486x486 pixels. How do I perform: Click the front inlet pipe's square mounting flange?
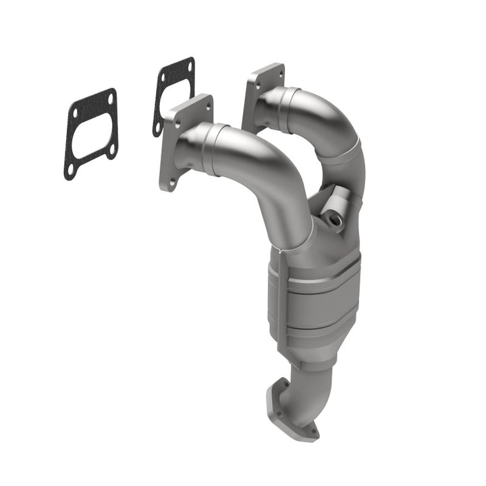(x=184, y=142)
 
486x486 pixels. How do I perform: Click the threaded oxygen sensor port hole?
(x=333, y=219)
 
